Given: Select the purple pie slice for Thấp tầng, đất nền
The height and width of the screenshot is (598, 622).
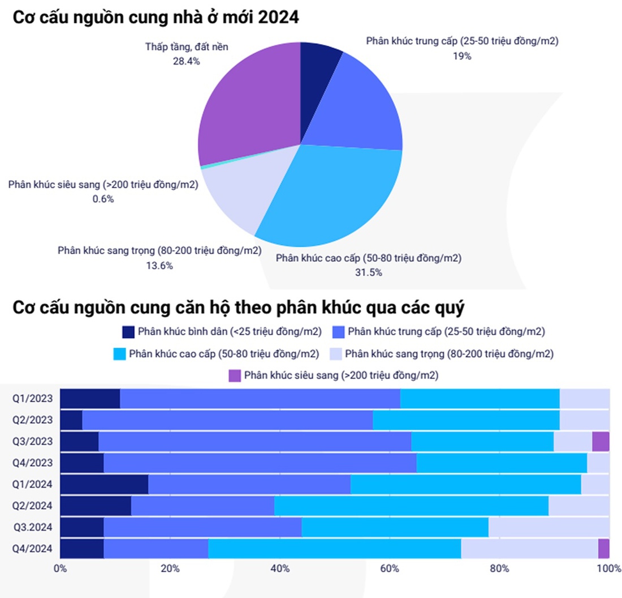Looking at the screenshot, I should [x=249, y=108].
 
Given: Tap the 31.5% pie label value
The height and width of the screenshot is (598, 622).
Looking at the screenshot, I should [x=369, y=272].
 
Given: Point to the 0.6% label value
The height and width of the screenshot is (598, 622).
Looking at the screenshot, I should [x=103, y=199].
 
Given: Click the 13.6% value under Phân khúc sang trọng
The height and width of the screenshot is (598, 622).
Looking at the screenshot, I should [x=159, y=266].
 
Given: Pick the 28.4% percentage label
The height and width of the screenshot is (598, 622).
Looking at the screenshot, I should [x=187, y=61].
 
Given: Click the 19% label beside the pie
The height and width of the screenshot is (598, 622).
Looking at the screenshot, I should [x=462, y=55].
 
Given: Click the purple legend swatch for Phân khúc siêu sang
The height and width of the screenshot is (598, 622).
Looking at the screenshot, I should [x=235, y=375].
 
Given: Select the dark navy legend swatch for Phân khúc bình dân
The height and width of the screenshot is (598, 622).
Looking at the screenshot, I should [x=128, y=331].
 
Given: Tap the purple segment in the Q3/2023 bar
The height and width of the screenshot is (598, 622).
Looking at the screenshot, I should [x=601, y=441].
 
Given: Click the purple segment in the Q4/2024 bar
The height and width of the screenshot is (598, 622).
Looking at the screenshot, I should [x=603, y=548].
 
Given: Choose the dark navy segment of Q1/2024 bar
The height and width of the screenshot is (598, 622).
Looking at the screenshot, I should [x=104, y=484].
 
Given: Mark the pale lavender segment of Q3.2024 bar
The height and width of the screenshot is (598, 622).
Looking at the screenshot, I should [x=548, y=527].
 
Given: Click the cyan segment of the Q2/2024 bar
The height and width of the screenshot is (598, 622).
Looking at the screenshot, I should [x=411, y=506].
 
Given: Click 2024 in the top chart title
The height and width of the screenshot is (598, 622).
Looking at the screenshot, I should [x=277, y=18].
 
